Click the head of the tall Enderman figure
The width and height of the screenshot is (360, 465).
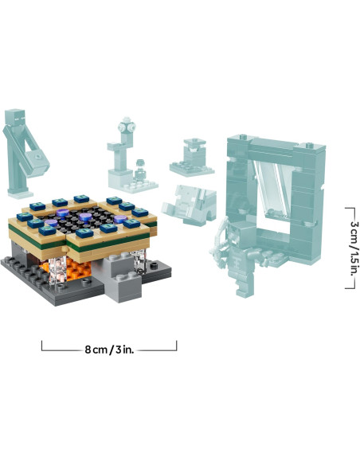click(x=18, y=119)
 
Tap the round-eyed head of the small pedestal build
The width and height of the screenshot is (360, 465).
click(x=126, y=127)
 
